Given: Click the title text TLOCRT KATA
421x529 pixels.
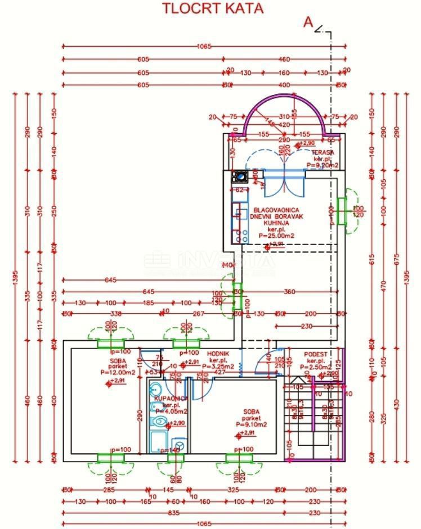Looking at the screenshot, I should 212,8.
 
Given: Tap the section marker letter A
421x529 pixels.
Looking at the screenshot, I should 308,22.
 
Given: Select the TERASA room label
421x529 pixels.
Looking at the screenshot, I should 325,152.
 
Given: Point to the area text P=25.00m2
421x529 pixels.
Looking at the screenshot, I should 273,237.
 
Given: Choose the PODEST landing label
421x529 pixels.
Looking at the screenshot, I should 316,354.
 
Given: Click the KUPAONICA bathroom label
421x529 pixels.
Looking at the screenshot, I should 170,398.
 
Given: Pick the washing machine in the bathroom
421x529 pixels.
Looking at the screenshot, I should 180,445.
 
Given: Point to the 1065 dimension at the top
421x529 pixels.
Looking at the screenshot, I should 204,47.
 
